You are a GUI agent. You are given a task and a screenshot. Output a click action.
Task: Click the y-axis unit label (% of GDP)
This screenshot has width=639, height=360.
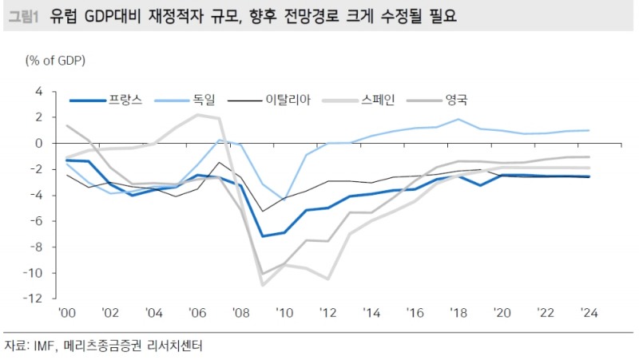(56, 61)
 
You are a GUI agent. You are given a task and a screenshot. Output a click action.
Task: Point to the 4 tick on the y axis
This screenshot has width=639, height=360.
(38, 91)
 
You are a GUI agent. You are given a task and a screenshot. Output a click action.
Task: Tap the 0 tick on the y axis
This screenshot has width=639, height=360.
(38, 143)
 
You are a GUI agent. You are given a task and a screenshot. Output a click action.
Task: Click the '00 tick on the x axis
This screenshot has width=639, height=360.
(66, 313)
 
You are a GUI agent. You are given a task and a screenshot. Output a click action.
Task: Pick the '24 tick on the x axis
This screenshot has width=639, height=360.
(589, 313)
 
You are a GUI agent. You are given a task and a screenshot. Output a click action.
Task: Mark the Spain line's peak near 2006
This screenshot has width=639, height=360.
(196, 115)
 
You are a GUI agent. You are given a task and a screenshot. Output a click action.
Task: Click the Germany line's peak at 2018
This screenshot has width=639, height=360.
(458, 120)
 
